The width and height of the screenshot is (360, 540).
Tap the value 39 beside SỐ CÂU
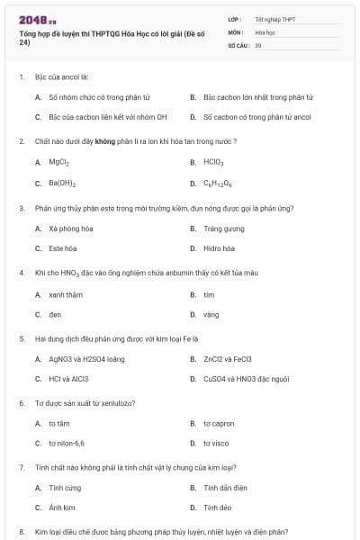(258, 44)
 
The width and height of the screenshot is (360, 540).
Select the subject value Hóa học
(265, 31)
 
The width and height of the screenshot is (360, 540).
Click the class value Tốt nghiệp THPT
(274, 18)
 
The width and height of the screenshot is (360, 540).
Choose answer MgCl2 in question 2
(59, 162)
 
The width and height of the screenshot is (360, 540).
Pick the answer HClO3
(213, 162)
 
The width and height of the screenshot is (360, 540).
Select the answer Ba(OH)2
(61, 184)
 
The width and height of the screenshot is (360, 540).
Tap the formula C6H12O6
(216, 184)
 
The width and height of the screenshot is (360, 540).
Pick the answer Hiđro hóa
(219, 248)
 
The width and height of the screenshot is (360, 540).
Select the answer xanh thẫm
(66, 294)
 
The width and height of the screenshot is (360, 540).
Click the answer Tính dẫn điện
(220, 488)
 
